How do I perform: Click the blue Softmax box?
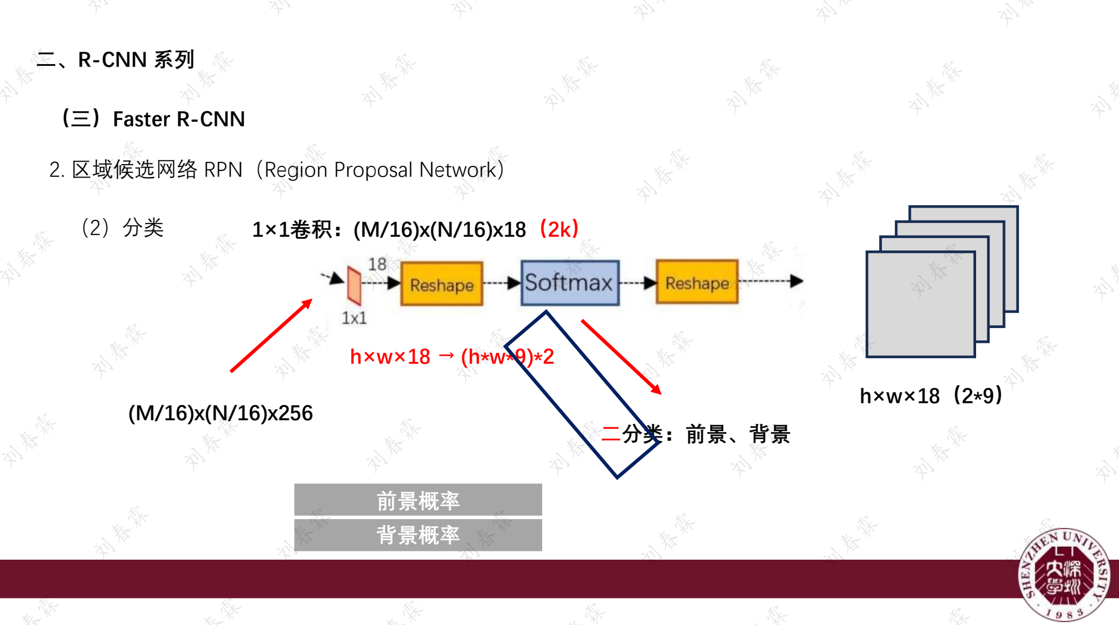[x=569, y=283]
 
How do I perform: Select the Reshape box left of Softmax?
[x=442, y=284]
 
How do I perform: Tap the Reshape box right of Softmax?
[x=697, y=283]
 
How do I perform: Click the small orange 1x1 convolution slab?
[x=354, y=286]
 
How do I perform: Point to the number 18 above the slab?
[x=377, y=264]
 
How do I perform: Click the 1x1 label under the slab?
[x=354, y=318]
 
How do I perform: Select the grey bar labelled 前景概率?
[x=417, y=500]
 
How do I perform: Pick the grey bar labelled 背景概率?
[x=417, y=535]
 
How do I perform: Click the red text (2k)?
[x=559, y=229]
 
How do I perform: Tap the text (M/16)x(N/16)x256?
[x=221, y=413]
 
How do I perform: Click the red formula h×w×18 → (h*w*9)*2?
[x=452, y=356]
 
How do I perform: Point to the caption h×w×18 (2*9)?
[x=931, y=396]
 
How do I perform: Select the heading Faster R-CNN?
[x=179, y=119]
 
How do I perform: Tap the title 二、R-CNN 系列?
[x=115, y=59]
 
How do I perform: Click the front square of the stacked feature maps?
[x=920, y=304]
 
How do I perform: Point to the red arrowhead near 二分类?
[x=656, y=389]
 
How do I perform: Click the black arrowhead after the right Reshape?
[x=796, y=281]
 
